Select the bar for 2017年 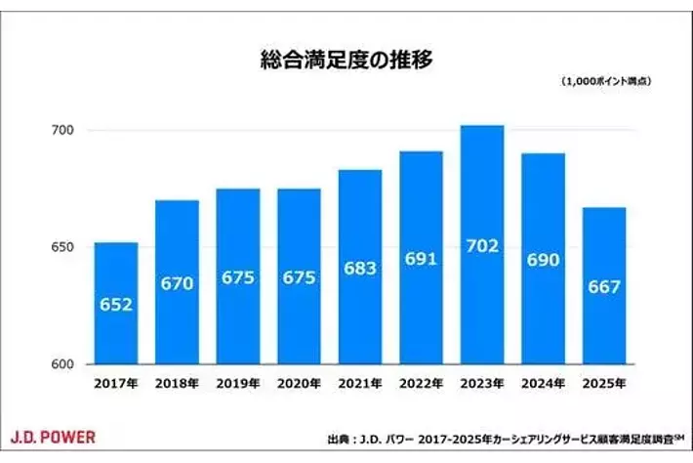point(116,303)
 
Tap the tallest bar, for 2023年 point(480,244)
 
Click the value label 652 point(116,304)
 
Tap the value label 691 point(420,260)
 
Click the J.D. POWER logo point(53,435)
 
